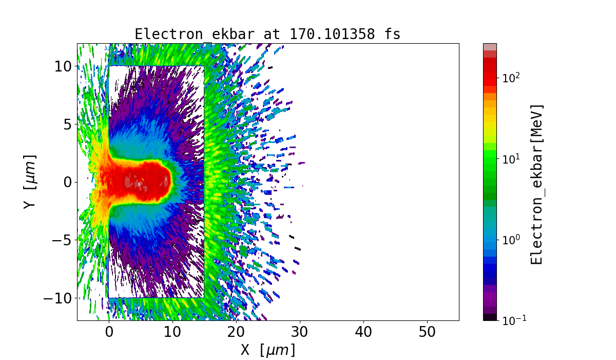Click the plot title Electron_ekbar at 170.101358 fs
pyautogui.click(x=267, y=34)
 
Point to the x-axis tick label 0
pyautogui.click(x=109, y=332)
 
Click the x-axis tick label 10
pyautogui.click(x=172, y=332)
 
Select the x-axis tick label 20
pyautogui.click(x=236, y=332)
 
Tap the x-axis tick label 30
pyautogui.click(x=300, y=332)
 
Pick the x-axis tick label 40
pyautogui.click(x=363, y=332)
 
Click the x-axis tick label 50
pyautogui.click(x=427, y=332)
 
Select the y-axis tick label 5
pyautogui.click(x=67, y=124)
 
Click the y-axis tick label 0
pyautogui.click(x=67, y=182)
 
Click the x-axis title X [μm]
pyautogui.click(x=268, y=350)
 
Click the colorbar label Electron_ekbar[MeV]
pyautogui.click(x=536, y=184)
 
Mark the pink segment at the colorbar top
pyautogui.click(x=490, y=47)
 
